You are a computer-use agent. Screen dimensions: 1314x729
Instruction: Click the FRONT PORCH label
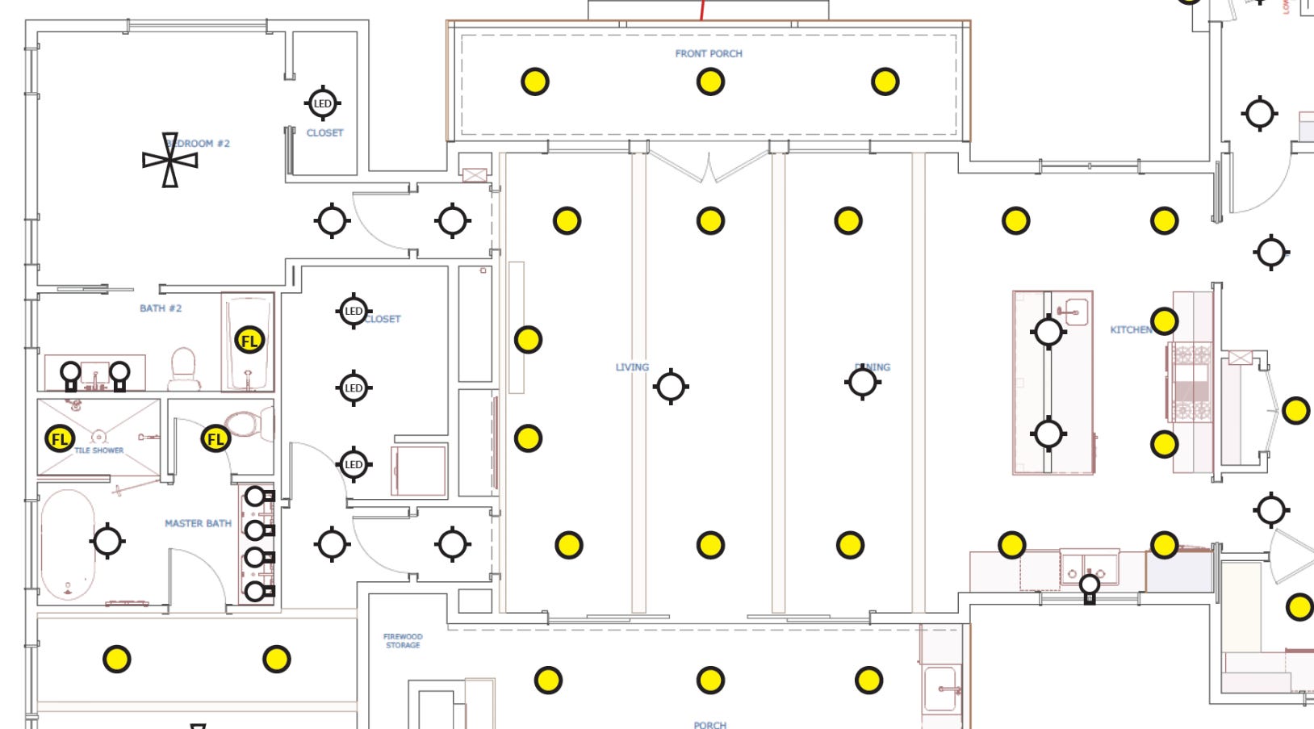[709, 53]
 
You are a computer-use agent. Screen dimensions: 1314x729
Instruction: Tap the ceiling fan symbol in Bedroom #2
[169, 160]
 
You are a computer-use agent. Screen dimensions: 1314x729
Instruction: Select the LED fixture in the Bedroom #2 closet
[322, 103]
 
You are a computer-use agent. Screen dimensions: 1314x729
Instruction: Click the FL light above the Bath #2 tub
[249, 341]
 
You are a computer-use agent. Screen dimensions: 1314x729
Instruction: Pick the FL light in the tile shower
[59, 439]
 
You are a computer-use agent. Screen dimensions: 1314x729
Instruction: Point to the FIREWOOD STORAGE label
[403, 641]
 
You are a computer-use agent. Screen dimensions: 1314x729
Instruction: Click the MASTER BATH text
[198, 523]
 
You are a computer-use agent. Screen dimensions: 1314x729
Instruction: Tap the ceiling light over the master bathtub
[107, 541]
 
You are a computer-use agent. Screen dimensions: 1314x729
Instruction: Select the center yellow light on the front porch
[710, 82]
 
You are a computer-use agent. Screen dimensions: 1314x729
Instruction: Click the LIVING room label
[632, 367]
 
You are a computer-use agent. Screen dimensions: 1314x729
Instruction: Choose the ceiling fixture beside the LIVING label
[671, 387]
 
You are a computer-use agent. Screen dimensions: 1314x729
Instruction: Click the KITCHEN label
[1131, 329]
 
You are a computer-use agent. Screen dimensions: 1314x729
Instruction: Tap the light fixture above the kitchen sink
[1090, 585]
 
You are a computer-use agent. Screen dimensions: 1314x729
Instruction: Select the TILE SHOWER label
[99, 450]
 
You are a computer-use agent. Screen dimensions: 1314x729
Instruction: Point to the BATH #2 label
[161, 308]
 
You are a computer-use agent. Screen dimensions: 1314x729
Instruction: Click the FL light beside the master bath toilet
[216, 439]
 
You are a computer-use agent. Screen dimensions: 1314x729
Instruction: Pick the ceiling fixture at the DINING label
[862, 382]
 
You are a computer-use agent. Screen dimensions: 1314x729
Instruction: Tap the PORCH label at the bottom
[709, 724]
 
